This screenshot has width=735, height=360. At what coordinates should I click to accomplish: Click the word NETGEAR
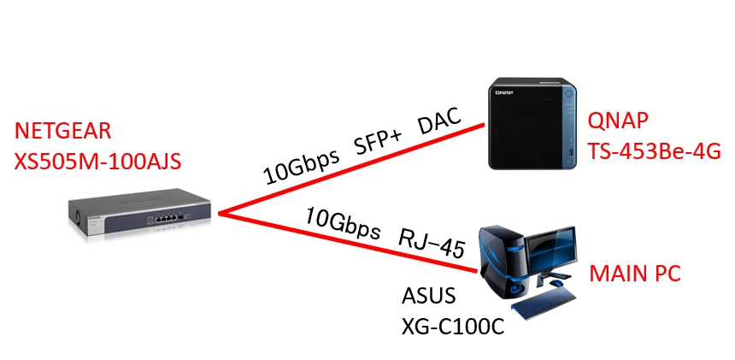click(62, 132)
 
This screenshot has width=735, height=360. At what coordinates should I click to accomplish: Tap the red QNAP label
click(617, 122)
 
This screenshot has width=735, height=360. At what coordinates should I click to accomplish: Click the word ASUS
click(429, 298)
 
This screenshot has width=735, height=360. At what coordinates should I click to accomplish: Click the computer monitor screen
click(552, 253)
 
